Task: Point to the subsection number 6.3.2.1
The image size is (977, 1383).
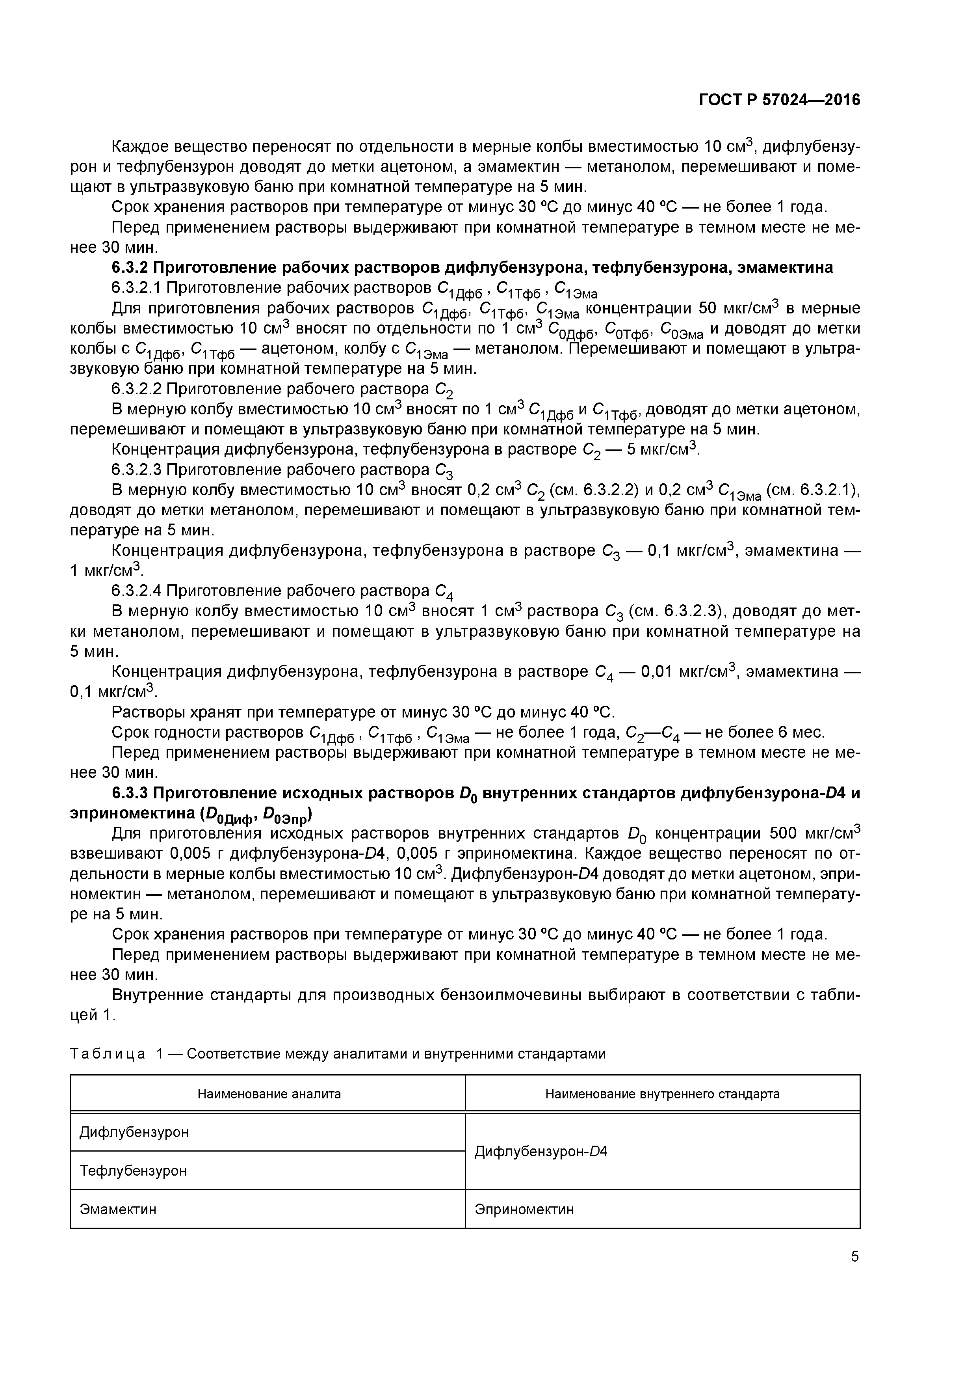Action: (x=136, y=288)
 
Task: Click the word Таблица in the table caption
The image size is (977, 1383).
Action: (x=107, y=1053)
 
